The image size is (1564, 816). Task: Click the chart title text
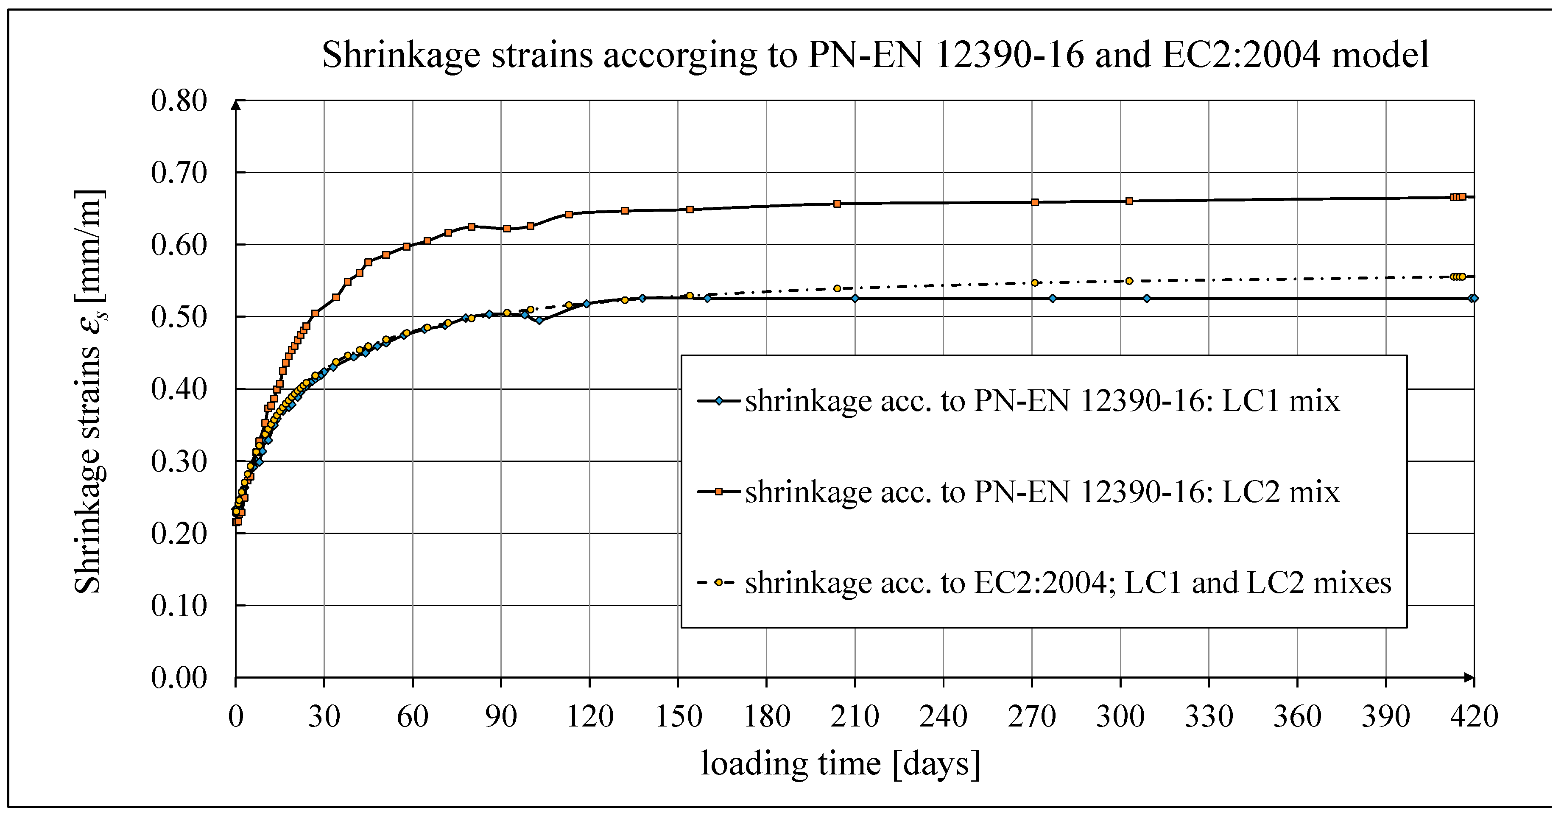click(875, 55)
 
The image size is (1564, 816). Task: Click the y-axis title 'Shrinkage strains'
click(89, 391)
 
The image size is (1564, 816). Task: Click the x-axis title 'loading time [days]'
click(840, 763)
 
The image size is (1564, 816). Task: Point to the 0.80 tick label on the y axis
click(179, 101)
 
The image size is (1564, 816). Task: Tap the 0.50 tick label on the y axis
click(179, 317)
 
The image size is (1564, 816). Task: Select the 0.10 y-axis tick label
click(179, 606)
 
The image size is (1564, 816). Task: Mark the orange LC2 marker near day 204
click(837, 204)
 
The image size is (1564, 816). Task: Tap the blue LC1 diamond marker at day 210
click(855, 298)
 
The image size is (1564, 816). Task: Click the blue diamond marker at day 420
click(1474, 298)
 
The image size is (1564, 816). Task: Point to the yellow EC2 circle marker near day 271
click(1035, 283)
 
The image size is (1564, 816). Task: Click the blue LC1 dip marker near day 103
click(539, 321)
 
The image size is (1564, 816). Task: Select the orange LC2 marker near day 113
click(569, 214)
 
